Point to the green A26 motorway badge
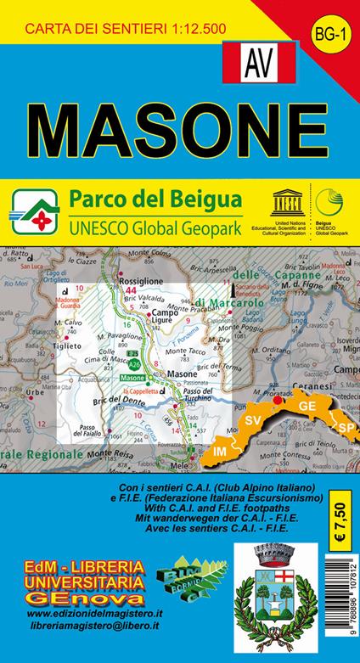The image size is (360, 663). pos(135,363)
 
